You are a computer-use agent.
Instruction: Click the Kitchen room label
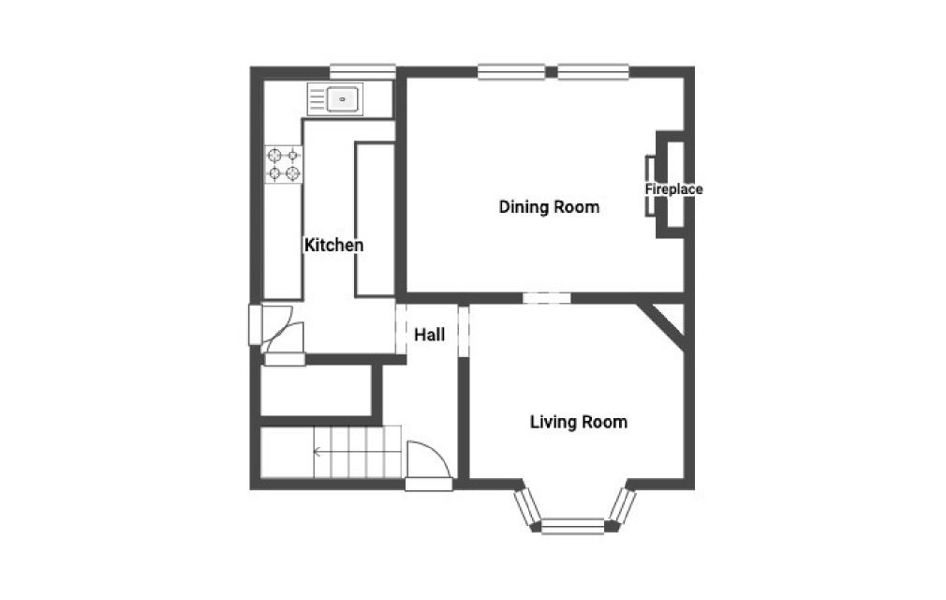pyautogui.click(x=333, y=246)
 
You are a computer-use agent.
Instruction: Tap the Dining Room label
pyautogui.click(x=549, y=207)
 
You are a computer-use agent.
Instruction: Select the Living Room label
pyautogui.click(x=578, y=422)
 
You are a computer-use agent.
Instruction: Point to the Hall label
pyautogui.click(x=429, y=335)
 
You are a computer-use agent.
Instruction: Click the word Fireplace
pyautogui.click(x=673, y=189)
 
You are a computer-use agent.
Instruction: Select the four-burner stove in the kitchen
pyautogui.click(x=284, y=164)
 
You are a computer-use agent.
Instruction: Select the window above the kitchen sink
pyautogui.click(x=362, y=70)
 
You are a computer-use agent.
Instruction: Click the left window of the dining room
pyautogui.click(x=510, y=70)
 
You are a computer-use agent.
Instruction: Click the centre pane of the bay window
pyautogui.click(x=573, y=527)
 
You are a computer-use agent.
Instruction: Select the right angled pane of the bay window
pyautogui.click(x=622, y=505)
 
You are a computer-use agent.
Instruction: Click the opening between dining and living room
pyautogui.click(x=546, y=298)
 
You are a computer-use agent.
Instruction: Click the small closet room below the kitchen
pyautogui.click(x=316, y=391)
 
